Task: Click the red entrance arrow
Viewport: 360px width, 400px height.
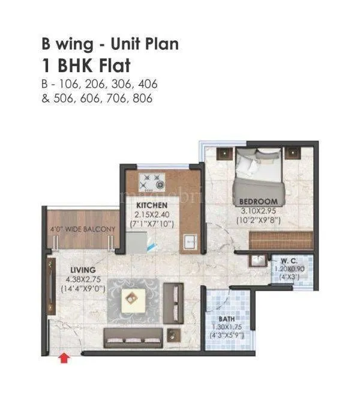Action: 64,359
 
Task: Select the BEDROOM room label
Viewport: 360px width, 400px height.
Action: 258,201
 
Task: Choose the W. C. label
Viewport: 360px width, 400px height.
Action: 290,262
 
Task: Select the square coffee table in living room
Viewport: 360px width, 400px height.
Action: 133,297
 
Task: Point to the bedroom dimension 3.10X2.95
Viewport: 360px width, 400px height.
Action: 258,211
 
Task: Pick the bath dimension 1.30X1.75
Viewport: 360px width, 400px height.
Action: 227,328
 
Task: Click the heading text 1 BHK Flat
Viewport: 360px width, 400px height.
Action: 85,65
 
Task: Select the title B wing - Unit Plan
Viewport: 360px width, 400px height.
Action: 110,44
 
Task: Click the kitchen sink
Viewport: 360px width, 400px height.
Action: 190,241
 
